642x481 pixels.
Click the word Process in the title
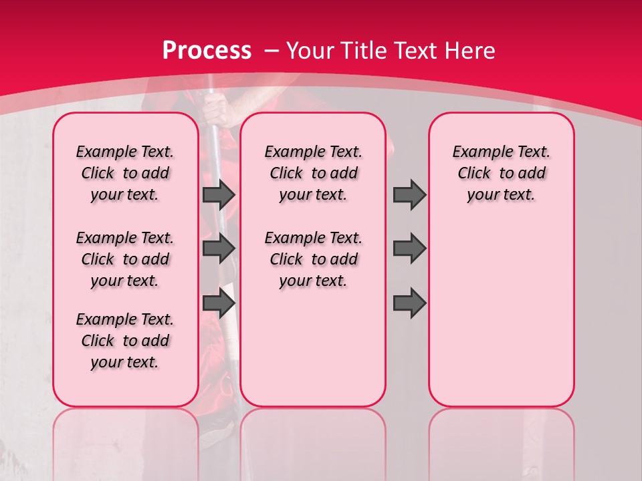click(x=207, y=50)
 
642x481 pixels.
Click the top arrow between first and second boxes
click(x=219, y=194)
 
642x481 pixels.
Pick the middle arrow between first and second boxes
click(x=219, y=249)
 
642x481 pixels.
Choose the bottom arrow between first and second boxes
click(x=219, y=303)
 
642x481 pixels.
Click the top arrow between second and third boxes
click(x=409, y=194)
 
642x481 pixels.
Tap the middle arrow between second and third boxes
click(x=409, y=249)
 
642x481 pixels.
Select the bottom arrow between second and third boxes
click(x=409, y=303)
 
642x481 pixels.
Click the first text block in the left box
click(x=125, y=173)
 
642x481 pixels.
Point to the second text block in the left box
click(x=125, y=259)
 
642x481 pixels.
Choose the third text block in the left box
click(x=125, y=341)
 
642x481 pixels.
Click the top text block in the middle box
click(x=313, y=173)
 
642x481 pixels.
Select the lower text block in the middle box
click(x=313, y=259)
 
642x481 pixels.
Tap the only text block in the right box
click(x=501, y=173)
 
